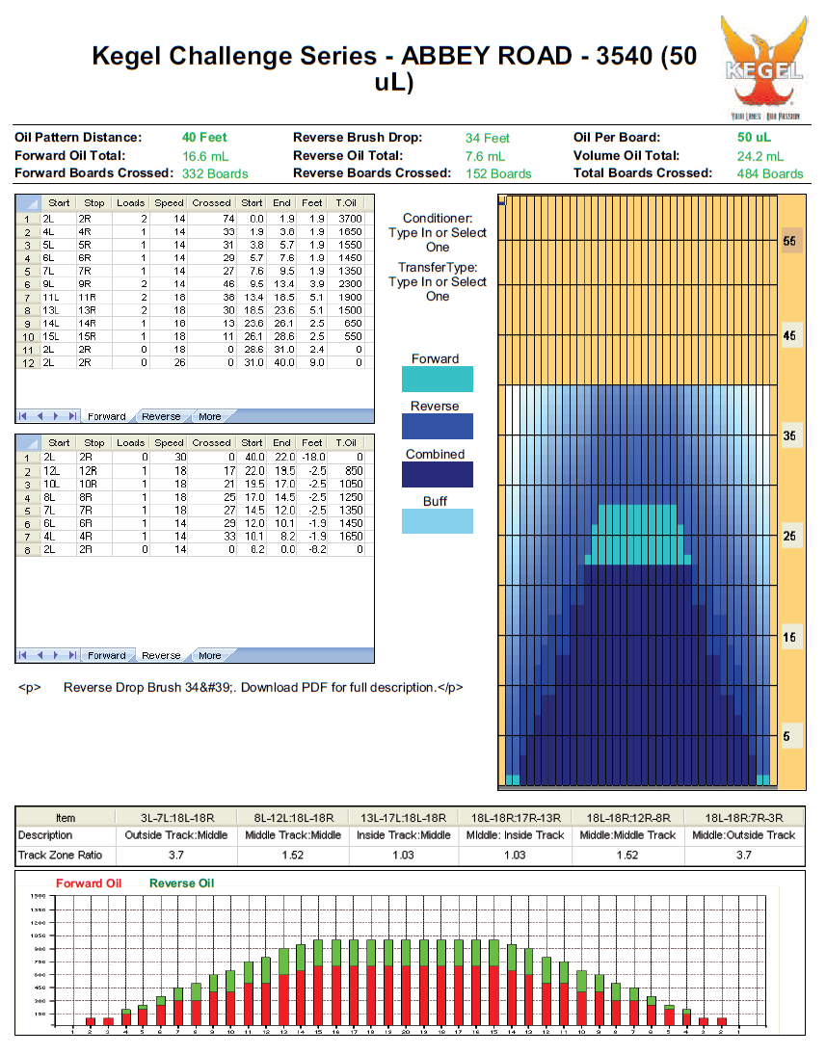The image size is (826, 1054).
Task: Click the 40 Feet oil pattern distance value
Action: [204, 138]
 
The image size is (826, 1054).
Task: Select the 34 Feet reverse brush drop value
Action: [488, 139]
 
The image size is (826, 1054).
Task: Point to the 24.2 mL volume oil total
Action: [760, 156]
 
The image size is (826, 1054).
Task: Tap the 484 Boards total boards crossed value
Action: [769, 174]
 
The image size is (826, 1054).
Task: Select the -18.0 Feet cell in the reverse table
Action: [312, 457]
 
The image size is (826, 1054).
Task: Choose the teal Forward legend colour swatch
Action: [437, 379]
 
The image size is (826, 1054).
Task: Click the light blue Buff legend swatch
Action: [437, 521]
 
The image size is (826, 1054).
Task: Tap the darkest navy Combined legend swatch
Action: [437, 474]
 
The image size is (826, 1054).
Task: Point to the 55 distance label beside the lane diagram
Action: [789, 242]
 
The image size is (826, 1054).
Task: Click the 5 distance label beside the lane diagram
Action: [787, 737]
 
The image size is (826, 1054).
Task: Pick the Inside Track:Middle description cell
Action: [403, 835]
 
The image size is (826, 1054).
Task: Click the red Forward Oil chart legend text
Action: [88, 883]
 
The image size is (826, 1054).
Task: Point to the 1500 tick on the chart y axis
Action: [39, 897]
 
